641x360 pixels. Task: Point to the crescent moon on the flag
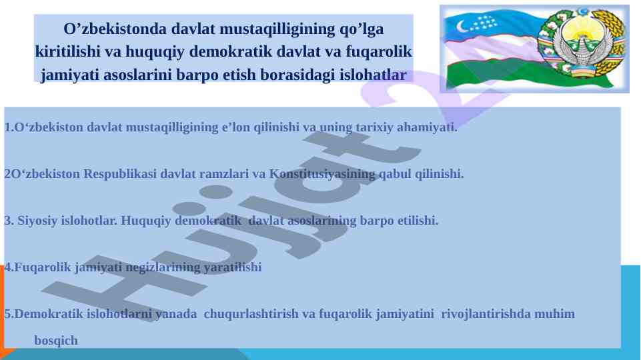462,27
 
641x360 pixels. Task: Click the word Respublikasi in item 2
120,174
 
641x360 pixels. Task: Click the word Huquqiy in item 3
145,221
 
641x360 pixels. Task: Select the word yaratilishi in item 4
232,267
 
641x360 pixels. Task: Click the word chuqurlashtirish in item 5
251,314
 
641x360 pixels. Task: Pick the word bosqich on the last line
56,341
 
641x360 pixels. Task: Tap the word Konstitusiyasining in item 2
322,174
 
